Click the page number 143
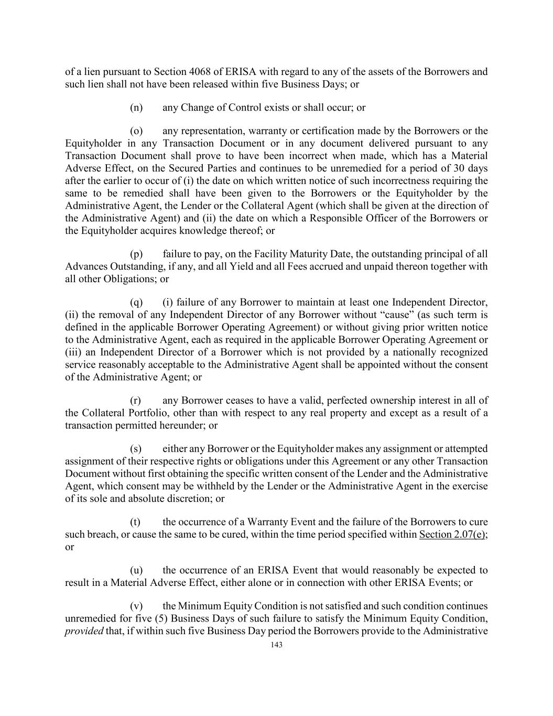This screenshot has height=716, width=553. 276,645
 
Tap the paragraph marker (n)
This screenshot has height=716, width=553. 136,108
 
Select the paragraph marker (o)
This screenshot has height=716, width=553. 136,131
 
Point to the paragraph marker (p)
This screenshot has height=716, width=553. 136,254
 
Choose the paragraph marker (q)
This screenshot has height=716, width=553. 136,302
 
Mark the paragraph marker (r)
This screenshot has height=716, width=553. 136,401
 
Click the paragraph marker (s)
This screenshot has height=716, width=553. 136,449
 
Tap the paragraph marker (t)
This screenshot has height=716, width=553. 135,522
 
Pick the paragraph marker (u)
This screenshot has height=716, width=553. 136,570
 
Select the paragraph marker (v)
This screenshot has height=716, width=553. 136,606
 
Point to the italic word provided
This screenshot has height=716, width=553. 84,631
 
